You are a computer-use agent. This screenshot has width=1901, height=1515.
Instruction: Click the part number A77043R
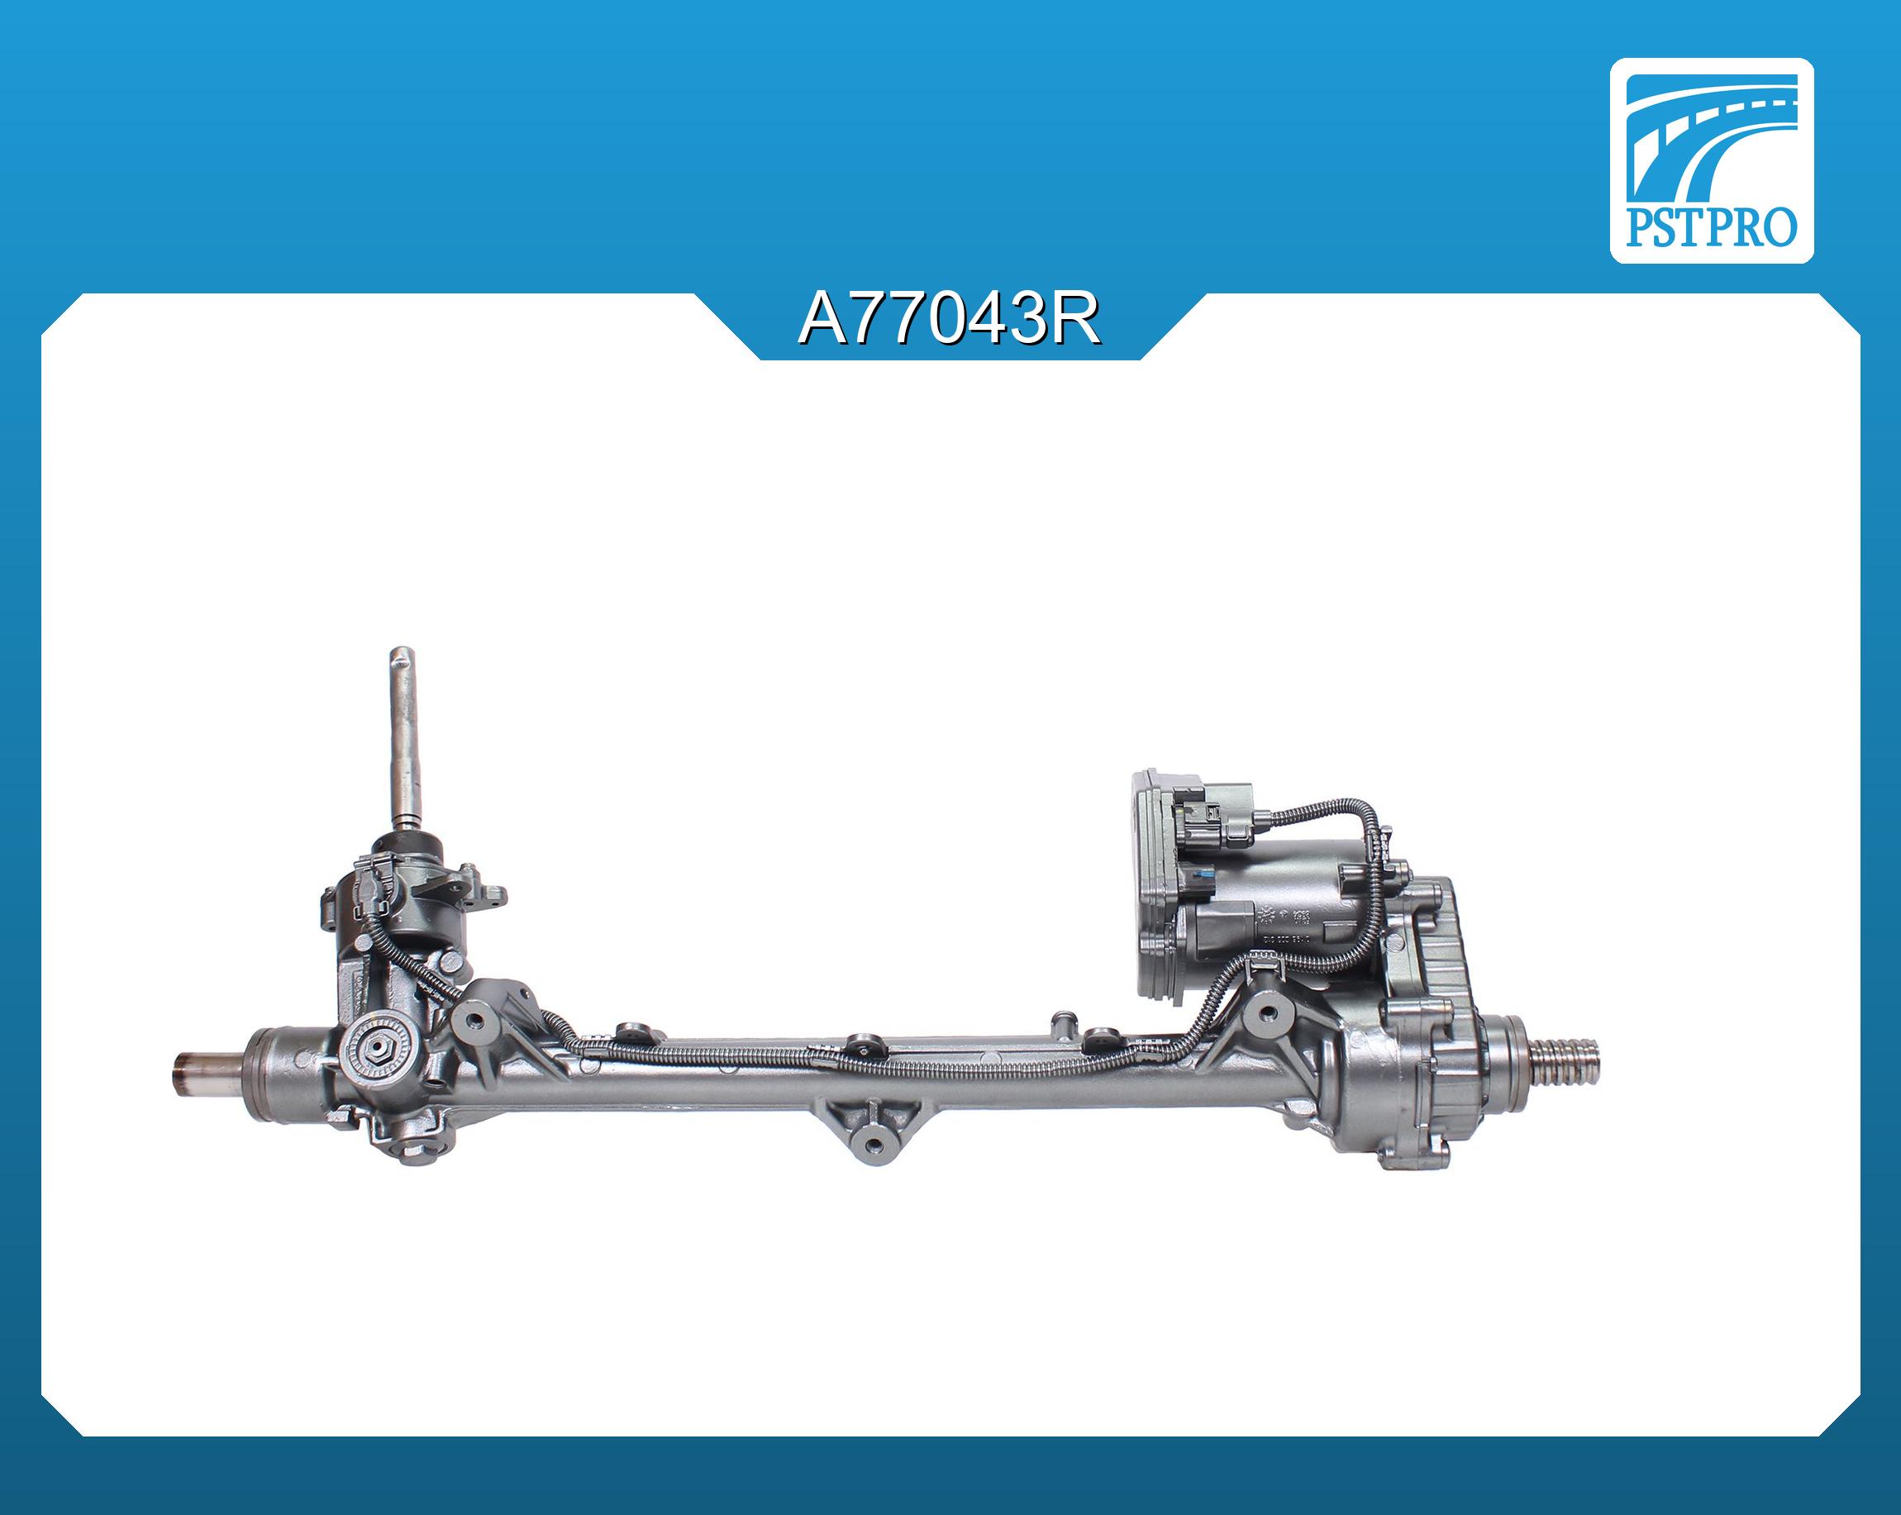950,320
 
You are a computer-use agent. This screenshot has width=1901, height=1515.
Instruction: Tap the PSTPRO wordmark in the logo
1711,227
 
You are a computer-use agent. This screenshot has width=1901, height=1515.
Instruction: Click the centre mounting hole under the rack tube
874,1144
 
